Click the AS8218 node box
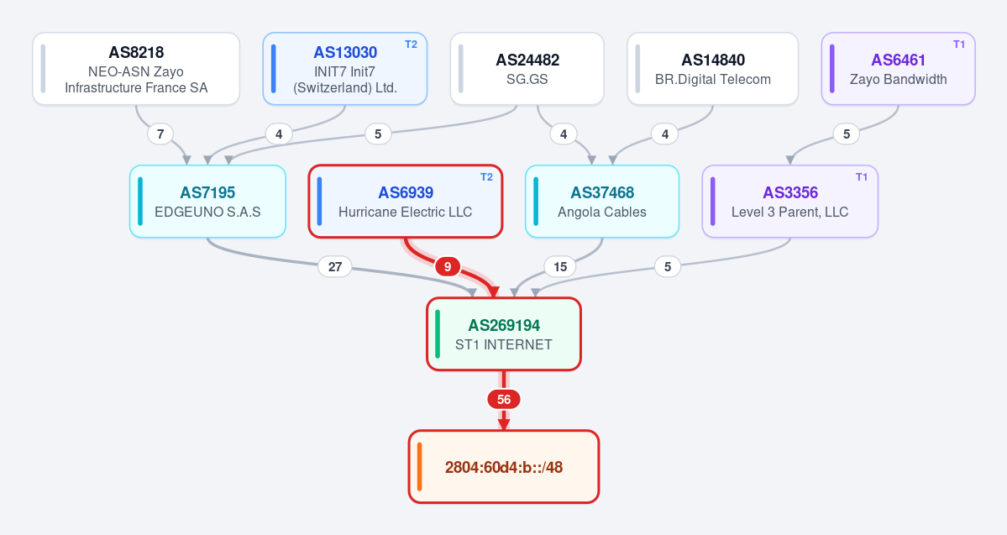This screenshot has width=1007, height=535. [136, 69]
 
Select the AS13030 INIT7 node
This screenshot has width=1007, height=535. [345, 69]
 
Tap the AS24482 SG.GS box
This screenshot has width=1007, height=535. [527, 69]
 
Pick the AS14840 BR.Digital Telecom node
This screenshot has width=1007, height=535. [713, 69]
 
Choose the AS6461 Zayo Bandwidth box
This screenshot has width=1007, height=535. [899, 69]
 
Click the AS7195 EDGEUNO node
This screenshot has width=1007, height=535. [207, 202]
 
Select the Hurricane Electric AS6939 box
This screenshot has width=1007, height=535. [406, 202]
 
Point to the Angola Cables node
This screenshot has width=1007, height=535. [602, 202]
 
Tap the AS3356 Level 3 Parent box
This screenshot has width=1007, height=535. [790, 202]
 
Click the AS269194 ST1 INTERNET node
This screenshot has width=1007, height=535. [504, 334]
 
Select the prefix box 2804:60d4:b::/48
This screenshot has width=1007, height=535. [504, 467]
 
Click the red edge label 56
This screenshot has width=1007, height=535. [504, 400]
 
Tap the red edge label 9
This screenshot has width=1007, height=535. [448, 266]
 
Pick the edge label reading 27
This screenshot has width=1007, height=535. [335, 266]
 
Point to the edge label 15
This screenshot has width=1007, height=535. [560, 266]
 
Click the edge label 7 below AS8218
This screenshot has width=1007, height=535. [160, 134]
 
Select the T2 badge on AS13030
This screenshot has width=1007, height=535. [411, 45]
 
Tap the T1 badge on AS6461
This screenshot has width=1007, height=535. [959, 45]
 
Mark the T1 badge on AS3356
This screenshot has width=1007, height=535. [862, 177]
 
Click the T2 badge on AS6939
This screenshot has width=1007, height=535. [487, 177]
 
